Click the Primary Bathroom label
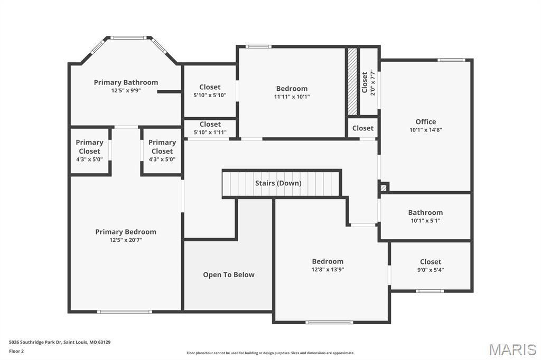126,82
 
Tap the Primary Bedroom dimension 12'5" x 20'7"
126,240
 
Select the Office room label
426,122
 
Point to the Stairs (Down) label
278,183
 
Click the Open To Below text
229,275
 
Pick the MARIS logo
512,349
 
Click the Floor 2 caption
16,352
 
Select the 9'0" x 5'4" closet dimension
431,270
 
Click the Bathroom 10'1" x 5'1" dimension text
425,221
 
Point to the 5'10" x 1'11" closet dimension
210,132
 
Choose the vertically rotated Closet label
365,82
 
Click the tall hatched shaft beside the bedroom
352,81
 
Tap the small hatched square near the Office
384,188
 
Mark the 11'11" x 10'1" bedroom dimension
292,97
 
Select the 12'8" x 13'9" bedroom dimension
328,270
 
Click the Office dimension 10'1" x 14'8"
426,130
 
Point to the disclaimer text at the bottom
270,353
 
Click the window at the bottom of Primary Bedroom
125,312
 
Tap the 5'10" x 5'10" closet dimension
210,95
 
